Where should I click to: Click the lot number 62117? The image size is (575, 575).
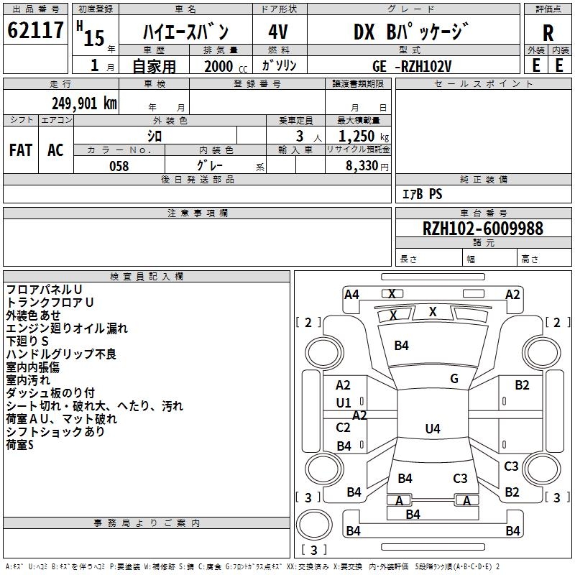click(x=35, y=31)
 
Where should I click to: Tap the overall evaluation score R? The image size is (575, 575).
click(x=548, y=33)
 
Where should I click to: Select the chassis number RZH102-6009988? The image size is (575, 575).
click(x=483, y=229)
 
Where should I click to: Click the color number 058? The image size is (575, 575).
click(x=119, y=166)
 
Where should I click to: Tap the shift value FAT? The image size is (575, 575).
click(x=21, y=150)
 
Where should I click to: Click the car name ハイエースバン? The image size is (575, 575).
click(x=185, y=32)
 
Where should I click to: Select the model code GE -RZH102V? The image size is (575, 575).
click(x=412, y=66)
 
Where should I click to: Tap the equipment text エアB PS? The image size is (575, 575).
click(x=422, y=194)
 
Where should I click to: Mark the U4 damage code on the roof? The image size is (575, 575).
click(x=432, y=429)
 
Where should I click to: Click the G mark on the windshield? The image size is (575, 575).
click(x=454, y=379)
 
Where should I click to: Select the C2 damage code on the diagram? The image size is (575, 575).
click(x=344, y=428)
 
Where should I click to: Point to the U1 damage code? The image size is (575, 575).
click(x=344, y=403)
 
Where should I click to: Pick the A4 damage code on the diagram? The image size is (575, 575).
click(x=351, y=294)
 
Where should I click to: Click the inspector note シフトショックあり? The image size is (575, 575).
click(x=55, y=432)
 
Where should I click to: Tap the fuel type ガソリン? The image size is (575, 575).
click(x=277, y=66)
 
